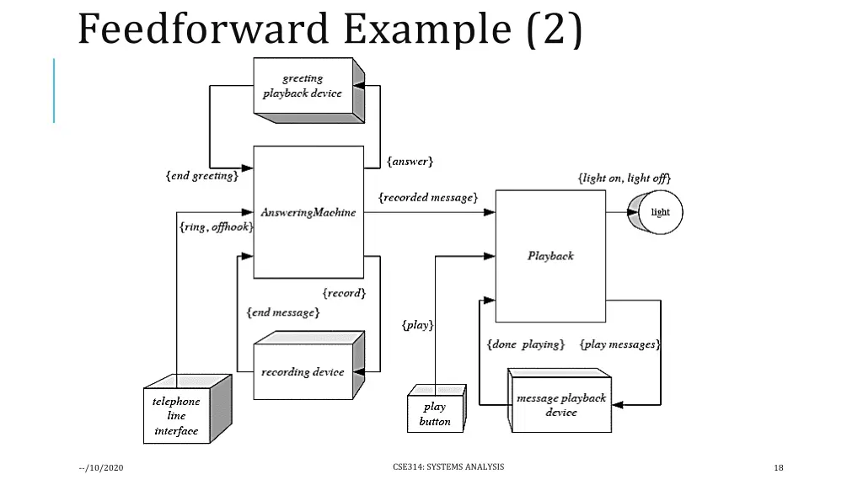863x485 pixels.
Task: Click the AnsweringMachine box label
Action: (308, 212)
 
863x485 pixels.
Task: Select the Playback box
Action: (550, 255)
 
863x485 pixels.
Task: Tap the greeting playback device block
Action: (303, 87)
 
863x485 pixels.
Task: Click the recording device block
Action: (303, 371)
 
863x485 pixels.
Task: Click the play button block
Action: (435, 413)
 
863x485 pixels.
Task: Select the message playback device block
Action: (560, 405)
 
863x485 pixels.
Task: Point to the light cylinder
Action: (657, 212)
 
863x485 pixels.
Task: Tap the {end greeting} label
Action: (202, 176)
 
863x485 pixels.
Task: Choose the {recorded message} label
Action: (428, 197)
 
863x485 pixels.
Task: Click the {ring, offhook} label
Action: (216, 227)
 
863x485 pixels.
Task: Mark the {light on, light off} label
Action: (624, 178)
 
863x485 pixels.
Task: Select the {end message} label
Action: (283, 312)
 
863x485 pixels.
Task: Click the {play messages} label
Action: (620, 344)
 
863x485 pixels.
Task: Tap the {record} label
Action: (344, 293)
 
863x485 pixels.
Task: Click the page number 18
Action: (779, 468)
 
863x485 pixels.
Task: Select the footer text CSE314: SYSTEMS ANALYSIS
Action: (448, 466)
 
